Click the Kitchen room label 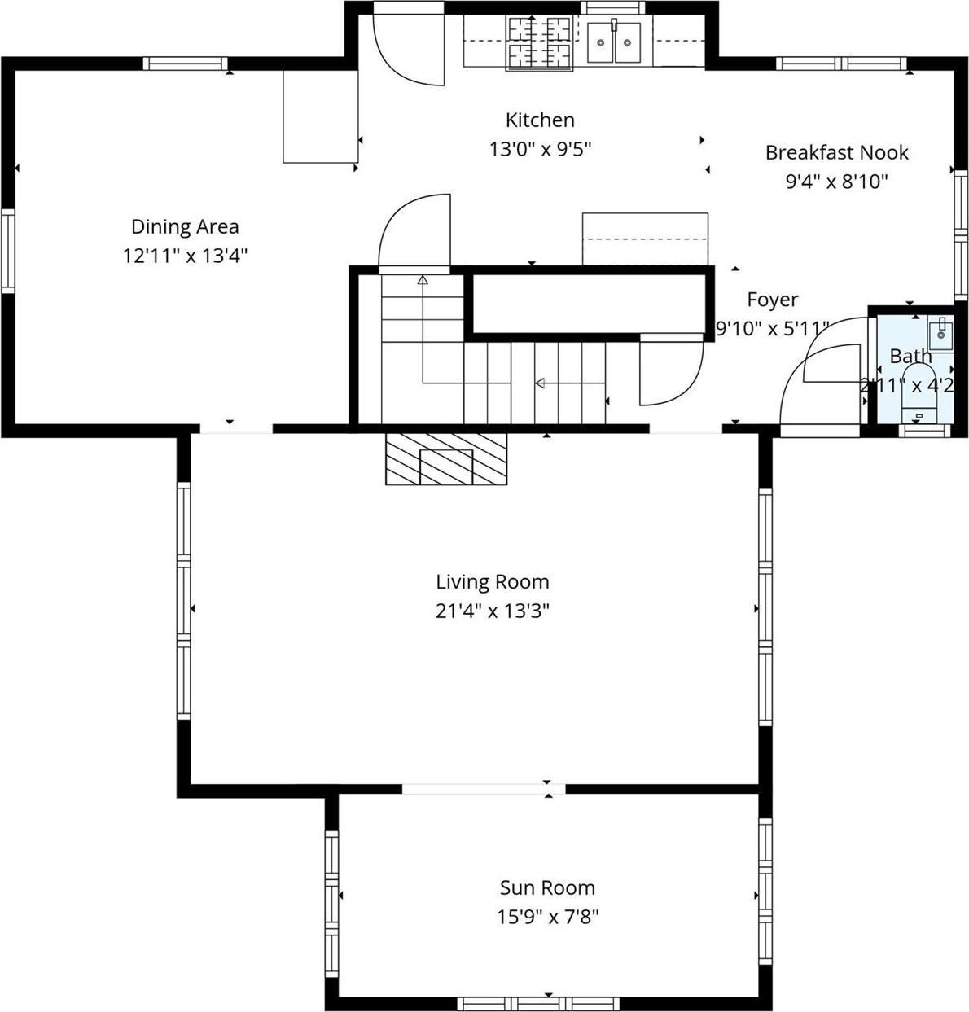pyautogui.click(x=540, y=120)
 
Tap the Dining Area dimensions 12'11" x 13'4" pyautogui.click(x=185, y=256)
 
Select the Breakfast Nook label pyautogui.click(x=836, y=152)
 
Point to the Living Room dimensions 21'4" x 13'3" pyautogui.click(x=492, y=611)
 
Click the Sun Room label pyautogui.click(x=547, y=887)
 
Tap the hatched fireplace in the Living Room pyautogui.click(x=446, y=459)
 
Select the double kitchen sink pyautogui.click(x=614, y=42)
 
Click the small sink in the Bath pyautogui.click(x=940, y=334)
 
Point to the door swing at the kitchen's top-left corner pyautogui.click(x=407, y=49)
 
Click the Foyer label pyautogui.click(x=772, y=300)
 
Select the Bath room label pyautogui.click(x=910, y=356)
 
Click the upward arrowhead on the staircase pyautogui.click(x=423, y=281)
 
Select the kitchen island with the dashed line pyautogui.click(x=644, y=239)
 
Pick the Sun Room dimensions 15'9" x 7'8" pyautogui.click(x=547, y=917)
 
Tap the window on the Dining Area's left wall pyautogui.click(x=7, y=251)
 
